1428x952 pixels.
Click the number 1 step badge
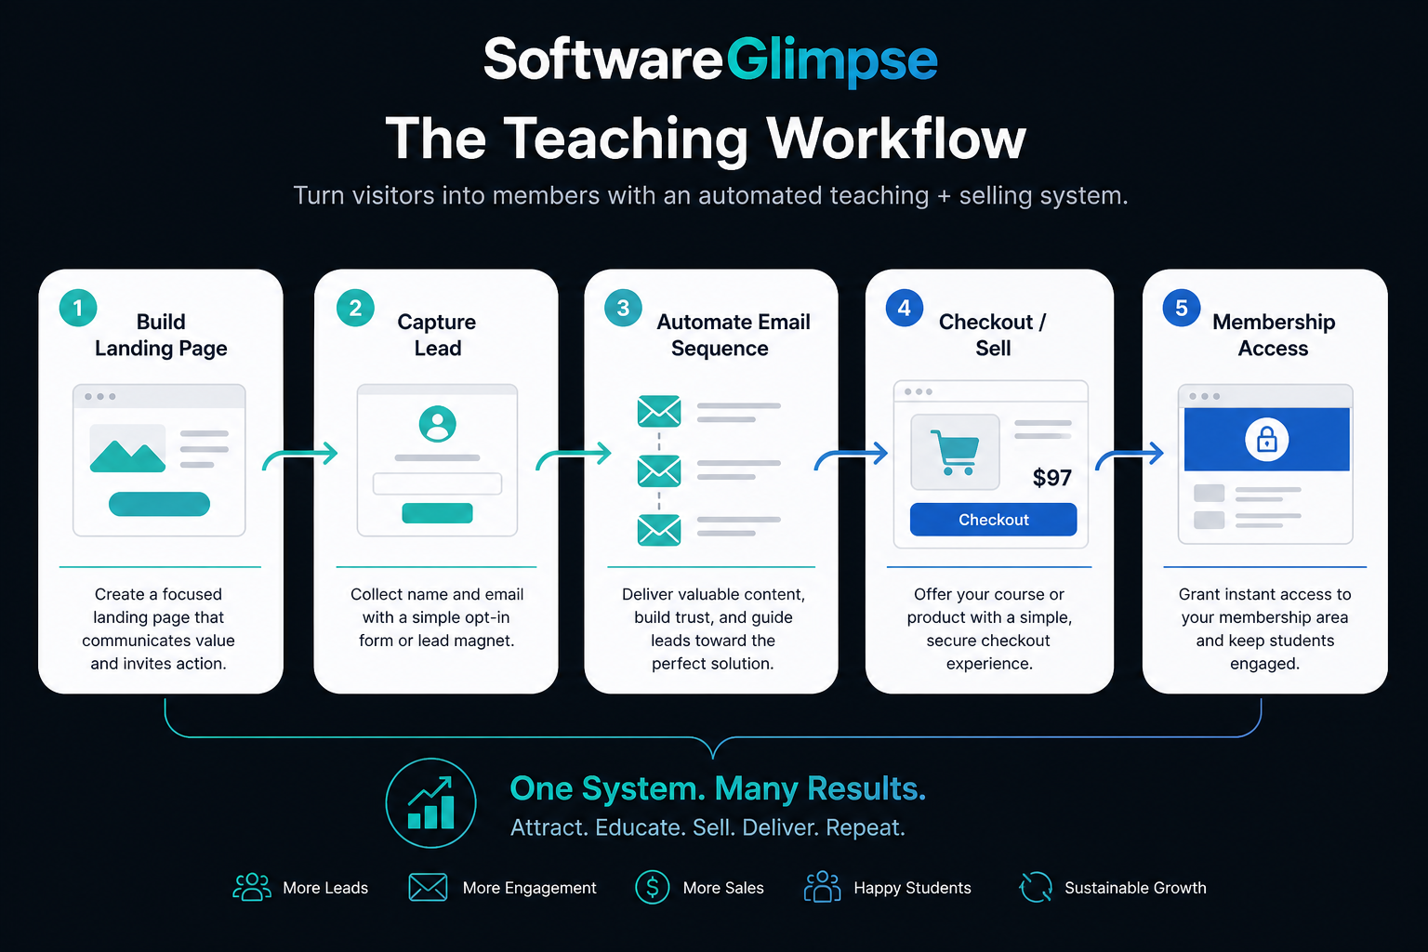tap(78, 308)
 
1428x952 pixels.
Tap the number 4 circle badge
tap(904, 308)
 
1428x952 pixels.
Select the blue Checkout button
tap(993, 520)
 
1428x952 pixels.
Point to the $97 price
tap(1051, 478)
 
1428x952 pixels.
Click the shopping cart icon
tap(955, 452)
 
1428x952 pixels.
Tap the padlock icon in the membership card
tap(1267, 440)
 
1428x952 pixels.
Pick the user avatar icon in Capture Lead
tap(437, 424)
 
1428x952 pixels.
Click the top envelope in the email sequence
tap(658, 411)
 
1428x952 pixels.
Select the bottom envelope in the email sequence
tap(658, 530)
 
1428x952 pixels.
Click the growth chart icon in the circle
tap(431, 803)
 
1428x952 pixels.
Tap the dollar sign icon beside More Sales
tap(652, 887)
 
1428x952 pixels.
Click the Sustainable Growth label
tap(1135, 888)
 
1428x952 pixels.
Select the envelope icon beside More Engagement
tap(428, 887)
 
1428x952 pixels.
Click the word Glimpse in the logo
tap(831, 60)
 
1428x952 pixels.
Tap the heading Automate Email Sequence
tap(734, 335)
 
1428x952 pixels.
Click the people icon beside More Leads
tap(252, 887)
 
